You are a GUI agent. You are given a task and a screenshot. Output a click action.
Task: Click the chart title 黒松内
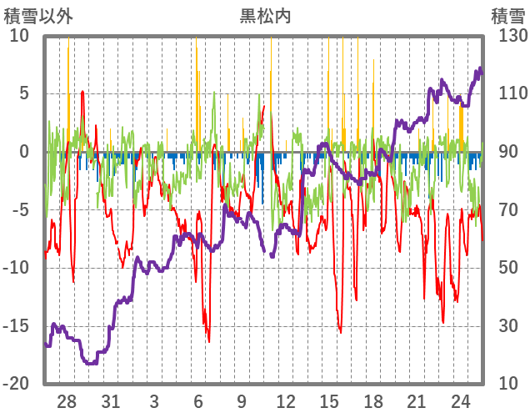265,16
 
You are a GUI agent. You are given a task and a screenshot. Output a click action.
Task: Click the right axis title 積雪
507,16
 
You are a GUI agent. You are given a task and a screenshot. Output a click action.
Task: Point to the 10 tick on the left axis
19,36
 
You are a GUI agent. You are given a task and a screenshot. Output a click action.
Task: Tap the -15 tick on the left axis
16,325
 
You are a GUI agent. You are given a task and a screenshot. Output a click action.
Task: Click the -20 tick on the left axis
16,384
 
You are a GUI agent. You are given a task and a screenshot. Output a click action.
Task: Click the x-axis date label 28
67,400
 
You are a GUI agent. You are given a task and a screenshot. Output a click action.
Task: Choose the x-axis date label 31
111,400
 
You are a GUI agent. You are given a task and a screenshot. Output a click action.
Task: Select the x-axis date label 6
198,400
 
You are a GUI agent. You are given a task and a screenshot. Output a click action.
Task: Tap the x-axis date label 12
286,400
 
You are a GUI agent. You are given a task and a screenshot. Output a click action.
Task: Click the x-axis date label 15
329,400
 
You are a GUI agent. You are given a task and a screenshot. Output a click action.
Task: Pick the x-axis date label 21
417,400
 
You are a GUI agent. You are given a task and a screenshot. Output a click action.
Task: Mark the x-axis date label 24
460,400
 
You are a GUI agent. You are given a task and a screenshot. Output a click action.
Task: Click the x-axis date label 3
154,400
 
